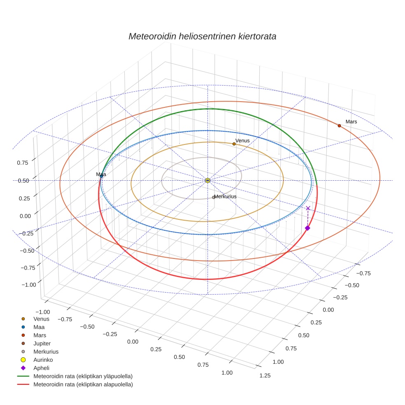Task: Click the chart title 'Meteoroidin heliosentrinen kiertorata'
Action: pos(202,36)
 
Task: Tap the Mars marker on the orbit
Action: pos(339,126)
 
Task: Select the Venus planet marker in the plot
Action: pos(234,144)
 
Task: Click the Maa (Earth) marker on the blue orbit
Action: pos(101,176)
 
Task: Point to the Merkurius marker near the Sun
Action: pos(214,197)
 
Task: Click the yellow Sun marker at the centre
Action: pos(207,180)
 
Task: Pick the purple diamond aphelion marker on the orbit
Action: pos(307,228)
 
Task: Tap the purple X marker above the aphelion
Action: pos(308,208)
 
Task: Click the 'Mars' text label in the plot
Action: pos(351,122)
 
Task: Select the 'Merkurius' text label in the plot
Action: pos(226,197)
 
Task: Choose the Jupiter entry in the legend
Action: pos(42,343)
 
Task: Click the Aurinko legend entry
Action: pos(43,360)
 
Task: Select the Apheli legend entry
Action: pos(41,368)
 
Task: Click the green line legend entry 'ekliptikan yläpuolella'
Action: pos(83,376)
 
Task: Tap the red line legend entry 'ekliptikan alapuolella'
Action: pos(83,384)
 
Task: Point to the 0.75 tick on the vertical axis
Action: pos(23,163)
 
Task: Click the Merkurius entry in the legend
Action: pos(46,351)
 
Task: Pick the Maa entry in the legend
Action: pos(39,327)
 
